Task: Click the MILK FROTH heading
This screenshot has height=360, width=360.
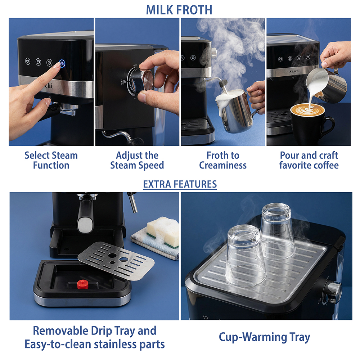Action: tap(179, 10)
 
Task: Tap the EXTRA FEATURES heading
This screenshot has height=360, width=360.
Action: tap(180, 184)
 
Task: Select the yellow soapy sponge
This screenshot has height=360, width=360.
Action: tap(163, 231)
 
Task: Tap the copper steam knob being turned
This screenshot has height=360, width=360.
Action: tap(147, 81)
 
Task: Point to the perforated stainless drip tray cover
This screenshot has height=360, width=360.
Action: tap(116, 260)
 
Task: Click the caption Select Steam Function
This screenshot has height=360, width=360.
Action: tap(51, 160)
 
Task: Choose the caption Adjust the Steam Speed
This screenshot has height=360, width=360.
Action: tap(137, 160)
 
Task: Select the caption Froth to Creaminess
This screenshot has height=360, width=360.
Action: tap(223, 160)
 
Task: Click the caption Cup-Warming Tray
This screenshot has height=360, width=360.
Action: tap(265, 337)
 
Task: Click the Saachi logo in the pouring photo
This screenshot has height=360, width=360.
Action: tap(294, 71)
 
